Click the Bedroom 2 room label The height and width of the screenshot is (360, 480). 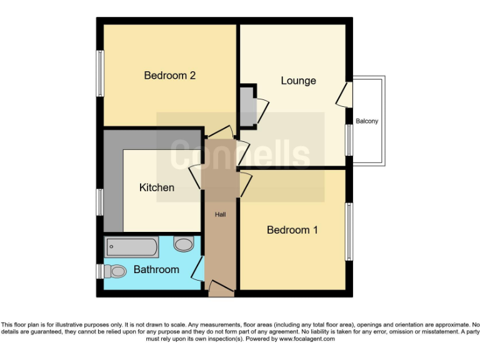170,76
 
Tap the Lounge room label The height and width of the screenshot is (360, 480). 298,81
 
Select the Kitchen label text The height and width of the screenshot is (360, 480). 156,187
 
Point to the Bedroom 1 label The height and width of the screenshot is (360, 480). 292,230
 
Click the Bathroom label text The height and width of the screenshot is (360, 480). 156,270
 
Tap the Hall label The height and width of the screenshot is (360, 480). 221,214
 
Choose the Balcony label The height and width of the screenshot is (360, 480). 367,121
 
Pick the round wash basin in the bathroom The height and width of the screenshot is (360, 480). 183,244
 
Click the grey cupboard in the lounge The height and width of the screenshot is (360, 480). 247,106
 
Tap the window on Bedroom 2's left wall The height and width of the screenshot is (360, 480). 99,73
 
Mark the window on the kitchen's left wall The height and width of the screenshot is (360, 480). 99,202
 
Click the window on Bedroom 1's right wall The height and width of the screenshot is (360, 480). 349,231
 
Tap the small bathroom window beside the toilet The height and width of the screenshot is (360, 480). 99,271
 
